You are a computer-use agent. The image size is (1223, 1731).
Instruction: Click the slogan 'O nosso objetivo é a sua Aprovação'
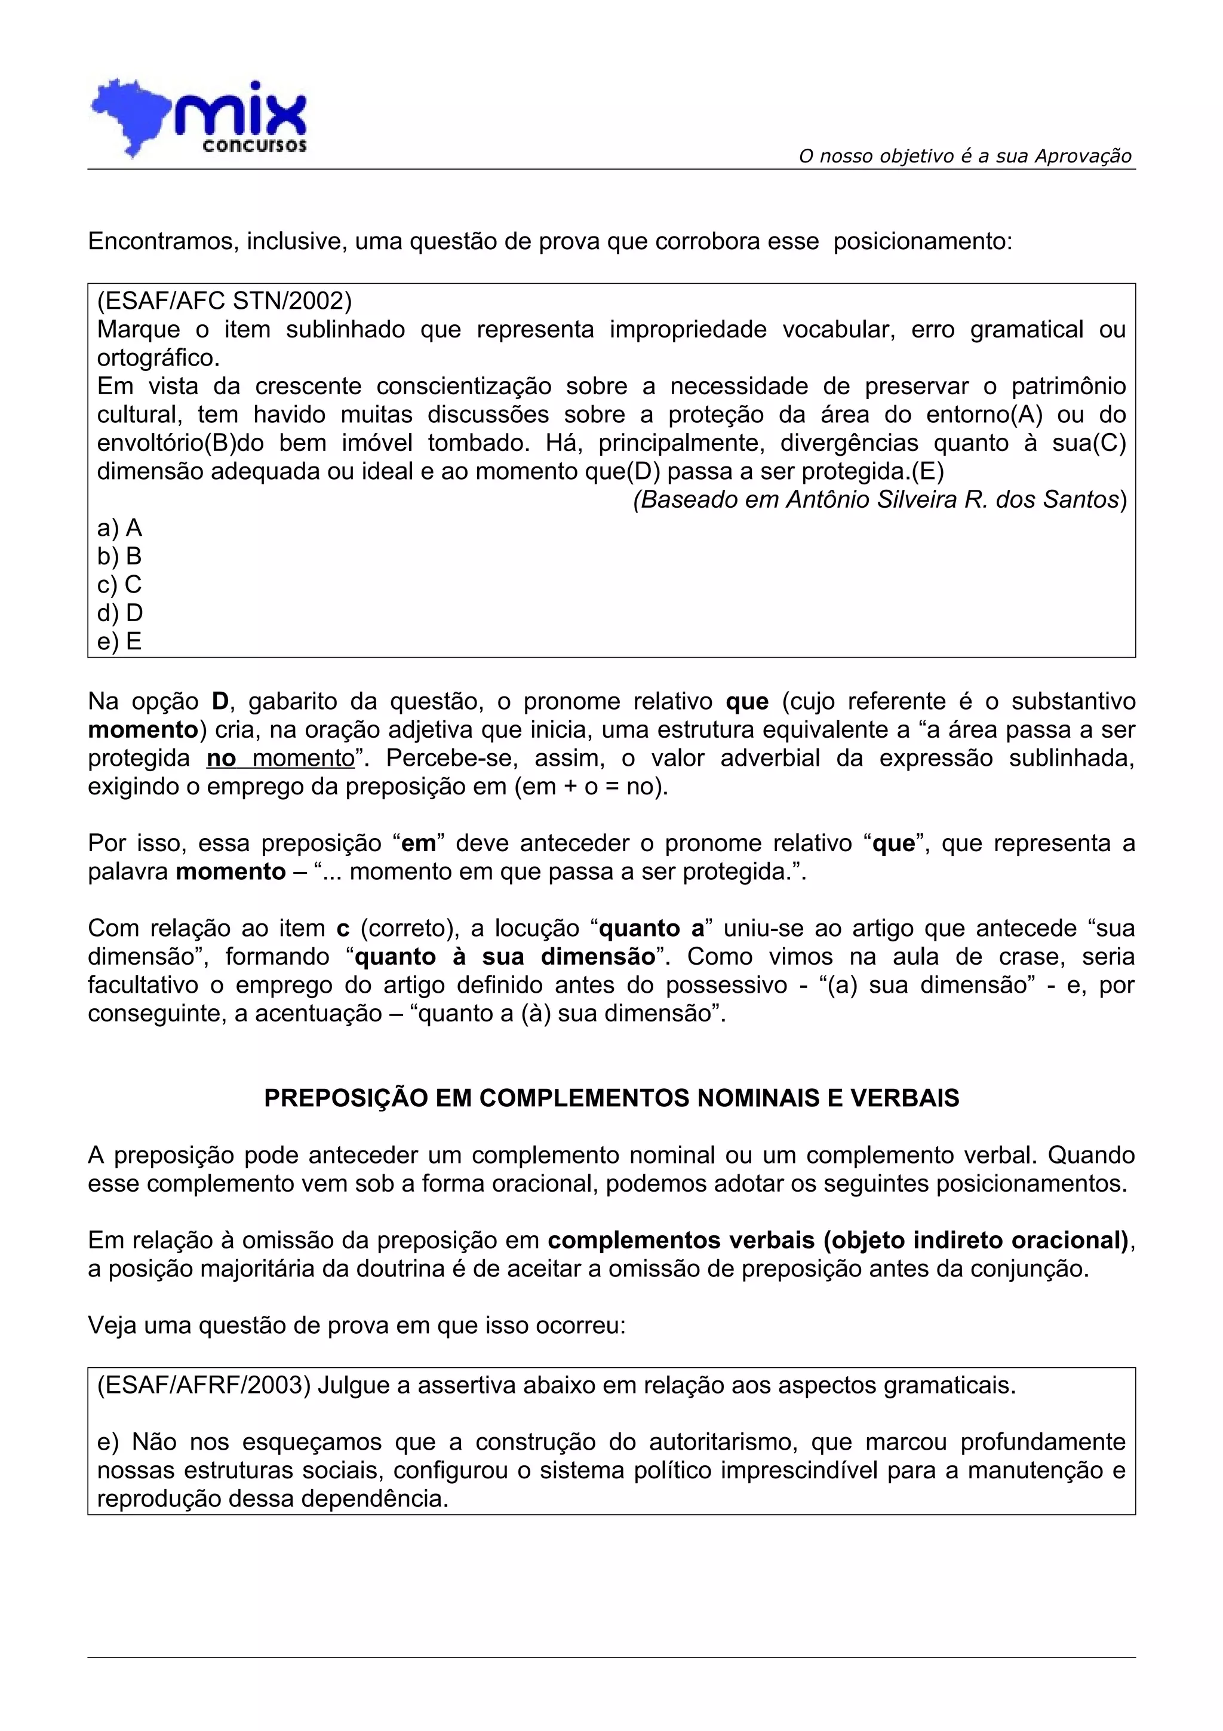click(964, 156)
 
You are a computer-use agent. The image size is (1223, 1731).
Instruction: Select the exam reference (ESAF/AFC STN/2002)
click(224, 301)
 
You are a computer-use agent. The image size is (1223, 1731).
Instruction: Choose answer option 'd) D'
click(120, 613)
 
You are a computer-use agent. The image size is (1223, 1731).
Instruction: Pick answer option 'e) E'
click(119, 642)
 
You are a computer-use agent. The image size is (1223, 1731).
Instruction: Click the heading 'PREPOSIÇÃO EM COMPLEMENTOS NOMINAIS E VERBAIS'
click(611, 1098)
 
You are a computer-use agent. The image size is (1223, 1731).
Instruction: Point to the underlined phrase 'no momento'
click(280, 759)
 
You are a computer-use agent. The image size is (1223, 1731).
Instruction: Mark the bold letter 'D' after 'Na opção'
click(219, 702)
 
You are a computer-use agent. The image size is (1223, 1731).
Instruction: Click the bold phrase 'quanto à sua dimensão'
click(505, 957)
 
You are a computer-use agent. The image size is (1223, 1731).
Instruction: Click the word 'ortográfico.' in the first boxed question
click(158, 357)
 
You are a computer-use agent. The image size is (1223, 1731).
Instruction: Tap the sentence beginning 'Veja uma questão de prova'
click(357, 1325)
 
